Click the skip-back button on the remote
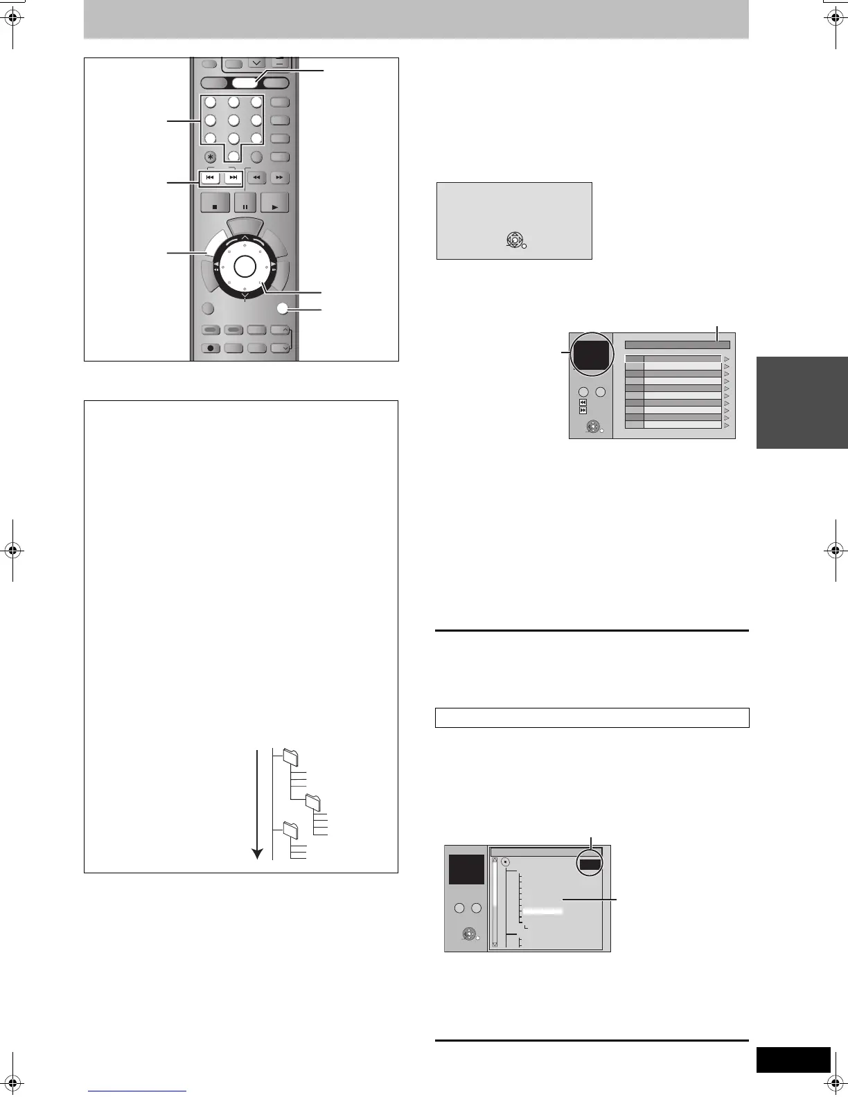click(210, 178)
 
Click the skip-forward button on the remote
click(233, 178)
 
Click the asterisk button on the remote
click(211, 157)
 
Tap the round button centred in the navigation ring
click(245, 265)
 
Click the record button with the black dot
click(211, 348)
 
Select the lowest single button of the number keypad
click(233, 156)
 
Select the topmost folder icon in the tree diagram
click(291, 758)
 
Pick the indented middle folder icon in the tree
click(314, 803)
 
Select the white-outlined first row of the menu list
click(673, 359)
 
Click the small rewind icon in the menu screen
click(583, 402)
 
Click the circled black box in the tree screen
click(591, 864)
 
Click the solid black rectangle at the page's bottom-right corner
click(793, 1060)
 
